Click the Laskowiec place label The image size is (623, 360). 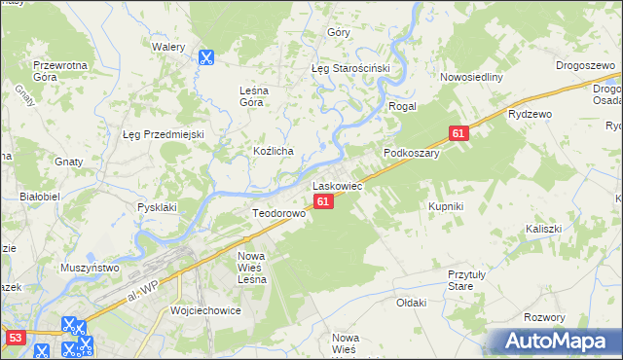coord(337,184)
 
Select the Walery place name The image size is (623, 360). coord(168,46)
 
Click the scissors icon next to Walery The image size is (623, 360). coord(206,57)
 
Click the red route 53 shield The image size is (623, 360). coord(15,337)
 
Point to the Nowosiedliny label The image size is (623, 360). coord(470,78)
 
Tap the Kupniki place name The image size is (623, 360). coord(446,206)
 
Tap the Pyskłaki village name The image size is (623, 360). coord(157,206)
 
